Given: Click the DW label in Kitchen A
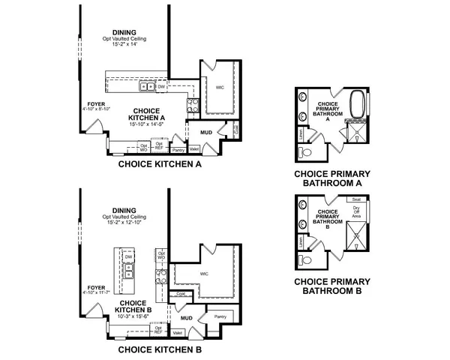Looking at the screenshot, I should point(161,86).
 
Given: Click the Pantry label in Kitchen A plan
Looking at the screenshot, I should point(178,150).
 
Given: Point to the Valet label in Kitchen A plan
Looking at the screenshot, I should point(193,149).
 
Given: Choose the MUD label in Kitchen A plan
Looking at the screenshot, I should point(206,133).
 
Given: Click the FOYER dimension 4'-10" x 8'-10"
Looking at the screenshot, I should point(97,109).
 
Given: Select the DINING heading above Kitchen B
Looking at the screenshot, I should point(124,211).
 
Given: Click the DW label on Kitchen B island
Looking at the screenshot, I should point(128,256).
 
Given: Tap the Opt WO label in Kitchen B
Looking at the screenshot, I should point(161,256).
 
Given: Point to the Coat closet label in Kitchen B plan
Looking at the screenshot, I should point(181,294).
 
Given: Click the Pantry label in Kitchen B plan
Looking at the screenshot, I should point(220,316).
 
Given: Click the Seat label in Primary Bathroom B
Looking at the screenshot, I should point(356,199).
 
